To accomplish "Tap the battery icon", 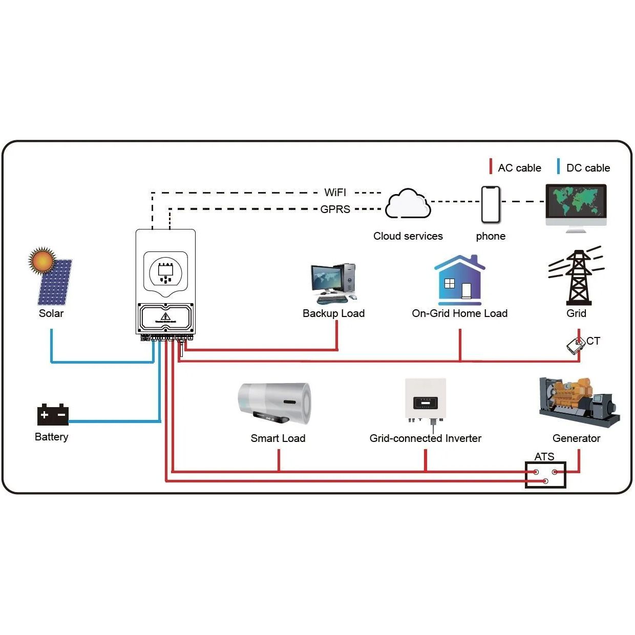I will click(53, 415).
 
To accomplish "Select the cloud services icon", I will click(408, 204).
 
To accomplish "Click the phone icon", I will click(491, 204).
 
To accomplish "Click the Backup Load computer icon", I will click(333, 283).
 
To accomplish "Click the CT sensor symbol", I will click(576, 346).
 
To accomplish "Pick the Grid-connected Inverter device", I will click(426, 400).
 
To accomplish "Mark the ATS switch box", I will click(545, 475).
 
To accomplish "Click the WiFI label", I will click(335, 193).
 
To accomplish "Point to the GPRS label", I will click(335, 209).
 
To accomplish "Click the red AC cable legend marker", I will click(491, 166).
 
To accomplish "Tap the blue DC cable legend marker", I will click(559, 166).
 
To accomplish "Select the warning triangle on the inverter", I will click(165, 316).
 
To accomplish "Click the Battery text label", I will click(51, 437).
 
